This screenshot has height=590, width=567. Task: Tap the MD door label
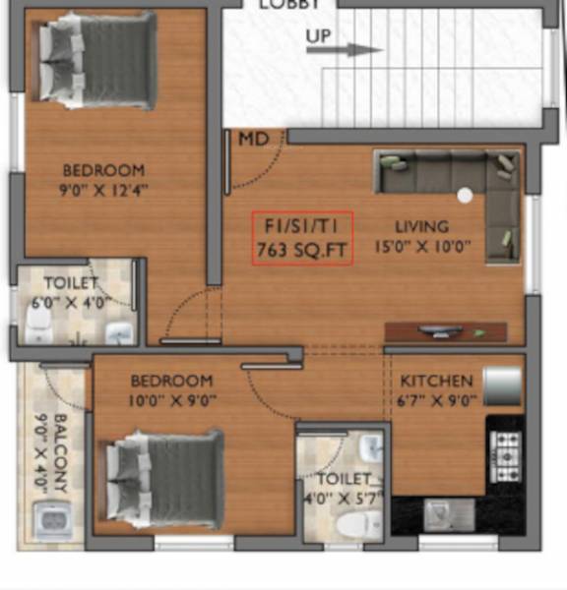[x=253, y=140]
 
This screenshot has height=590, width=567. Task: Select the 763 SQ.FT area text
[x=301, y=251]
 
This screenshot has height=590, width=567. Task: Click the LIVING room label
[x=421, y=226]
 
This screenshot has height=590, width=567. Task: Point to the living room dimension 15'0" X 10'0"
[x=428, y=248]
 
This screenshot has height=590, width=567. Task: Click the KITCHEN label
[x=436, y=381]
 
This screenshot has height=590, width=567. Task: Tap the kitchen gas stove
[x=506, y=454]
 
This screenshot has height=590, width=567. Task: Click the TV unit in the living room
[x=445, y=331]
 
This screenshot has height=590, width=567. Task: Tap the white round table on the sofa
[x=463, y=195]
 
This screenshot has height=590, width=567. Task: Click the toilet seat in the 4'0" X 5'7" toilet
[x=351, y=520]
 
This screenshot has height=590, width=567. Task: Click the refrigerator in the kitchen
[x=502, y=386]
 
